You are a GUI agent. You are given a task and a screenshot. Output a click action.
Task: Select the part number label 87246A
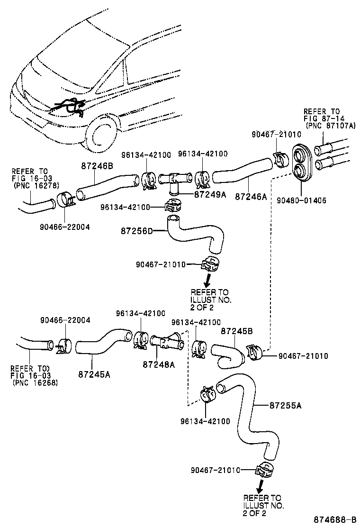[x=251, y=196]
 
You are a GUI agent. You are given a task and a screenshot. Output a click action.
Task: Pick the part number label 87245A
[x=94, y=373]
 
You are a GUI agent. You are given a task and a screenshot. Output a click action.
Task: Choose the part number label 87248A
[x=159, y=364]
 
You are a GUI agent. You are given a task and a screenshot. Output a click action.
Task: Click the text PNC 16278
[x=36, y=185]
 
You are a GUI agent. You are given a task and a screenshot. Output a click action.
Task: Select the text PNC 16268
[x=36, y=382]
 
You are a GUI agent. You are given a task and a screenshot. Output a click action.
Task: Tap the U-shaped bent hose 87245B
[x=227, y=354]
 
